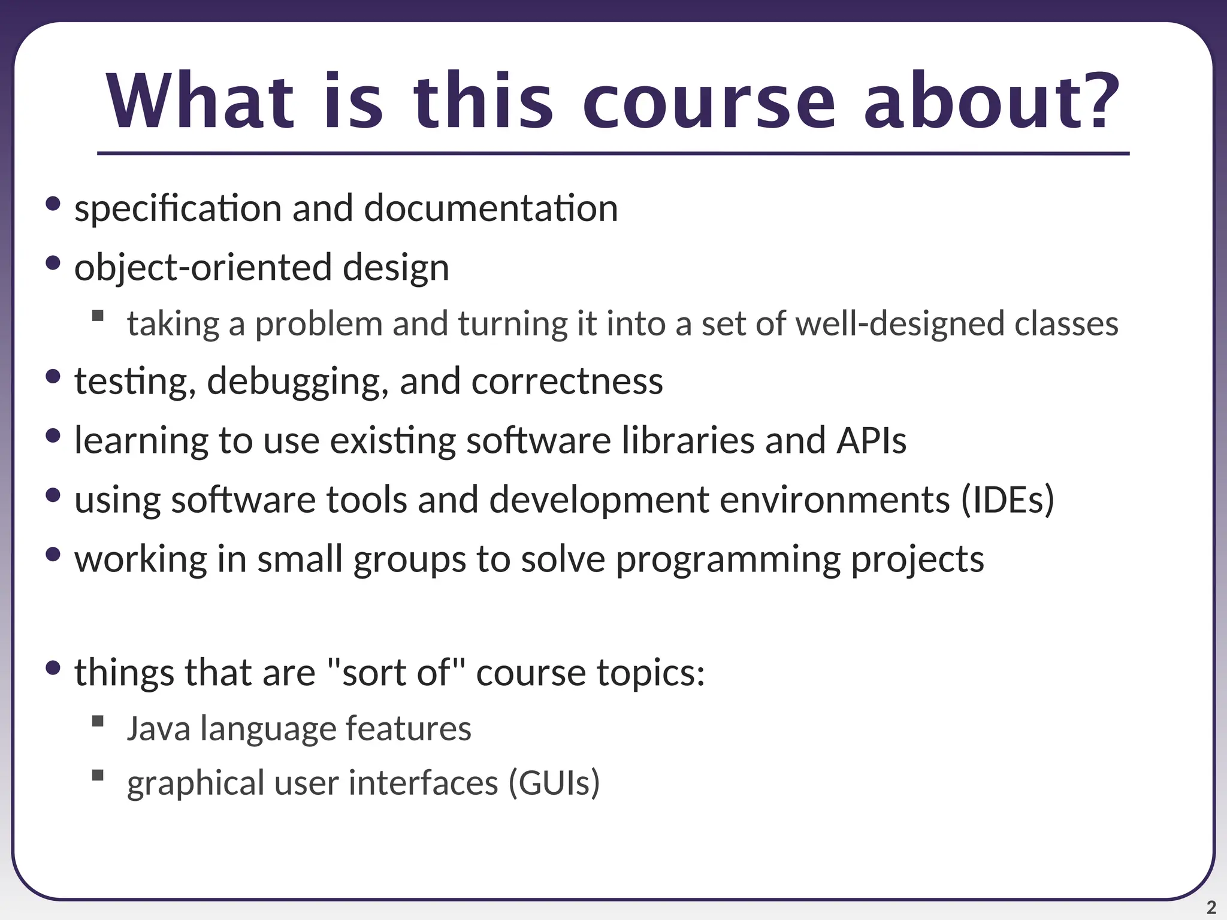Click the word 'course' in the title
pyautogui.click(x=709, y=102)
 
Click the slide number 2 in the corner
pyautogui.click(x=1211, y=907)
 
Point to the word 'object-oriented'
pyautogui.click(x=203, y=267)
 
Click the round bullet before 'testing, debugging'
pyautogui.click(x=53, y=377)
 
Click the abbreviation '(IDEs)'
pyautogui.click(x=1008, y=500)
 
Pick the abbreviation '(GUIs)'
pyautogui.click(x=554, y=783)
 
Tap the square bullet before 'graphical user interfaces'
pyautogui.click(x=98, y=776)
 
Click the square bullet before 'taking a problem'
pyautogui.click(x=98, y=316)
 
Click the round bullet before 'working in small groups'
pyautogui.click(x=53, y=554)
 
